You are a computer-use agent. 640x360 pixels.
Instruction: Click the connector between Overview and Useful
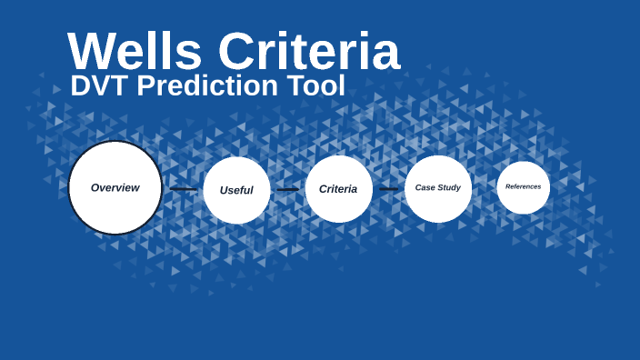click(183, 189)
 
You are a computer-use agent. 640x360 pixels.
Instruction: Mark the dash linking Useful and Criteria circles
click(287, 189)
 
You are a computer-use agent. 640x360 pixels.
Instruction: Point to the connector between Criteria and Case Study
click(388, 189)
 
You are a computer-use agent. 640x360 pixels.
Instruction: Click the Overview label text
click(115, 188)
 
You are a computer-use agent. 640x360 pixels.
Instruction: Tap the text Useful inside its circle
click(236, 190)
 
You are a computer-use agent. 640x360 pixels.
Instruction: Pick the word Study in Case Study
click(450, 188)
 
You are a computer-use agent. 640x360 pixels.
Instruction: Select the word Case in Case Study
click(425, 188)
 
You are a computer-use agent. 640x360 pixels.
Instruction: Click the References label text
click(524, 187)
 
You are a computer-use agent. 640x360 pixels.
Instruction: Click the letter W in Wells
click(93, 52)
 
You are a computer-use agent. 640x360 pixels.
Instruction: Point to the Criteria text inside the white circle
click(338, 189)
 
